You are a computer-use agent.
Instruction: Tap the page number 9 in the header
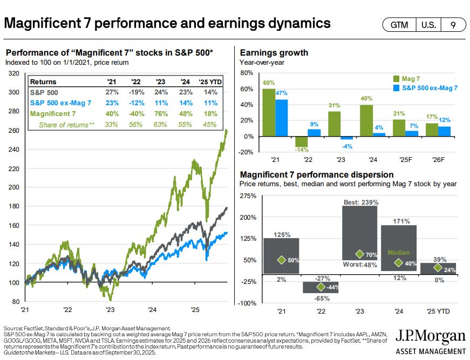(x=452, y=25)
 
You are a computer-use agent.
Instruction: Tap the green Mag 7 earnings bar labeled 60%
(x=268, y=112)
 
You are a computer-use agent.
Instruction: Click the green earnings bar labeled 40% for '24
(x=367, y=120)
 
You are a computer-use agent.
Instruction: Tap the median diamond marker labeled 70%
(x=359, y=254)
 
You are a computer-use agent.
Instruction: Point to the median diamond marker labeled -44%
(x=321, y=287)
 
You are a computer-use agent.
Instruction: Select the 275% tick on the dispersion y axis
(x=249, y=195)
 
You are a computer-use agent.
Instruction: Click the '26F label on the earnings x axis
(x=444, y=161)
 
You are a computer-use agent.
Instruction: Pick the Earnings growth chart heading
(x=274, y=53)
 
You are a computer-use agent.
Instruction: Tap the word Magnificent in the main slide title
(x=40, y=23)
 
